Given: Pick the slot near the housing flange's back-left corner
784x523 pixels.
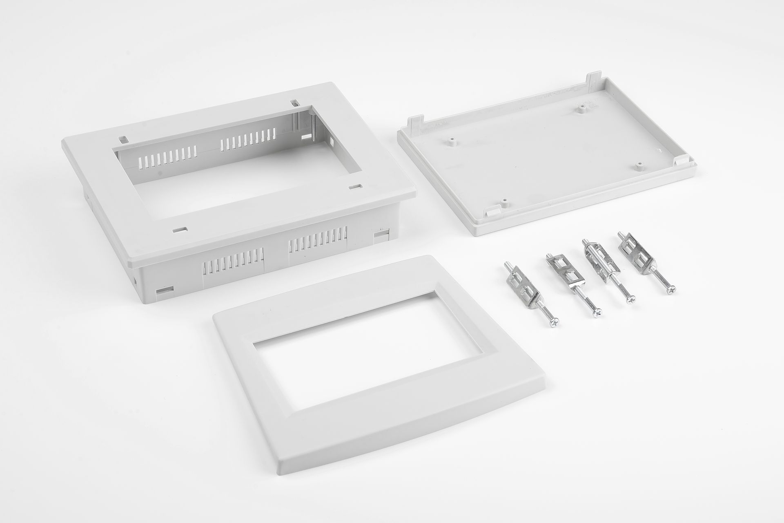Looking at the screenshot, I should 124,139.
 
